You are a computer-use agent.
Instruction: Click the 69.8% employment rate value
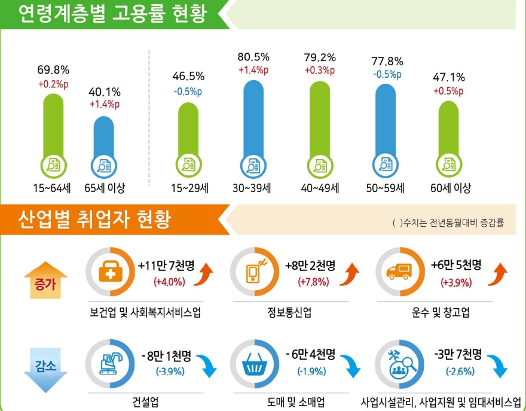click(x=53, y=70)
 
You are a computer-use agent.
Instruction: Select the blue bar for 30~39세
click(x=253, y=120)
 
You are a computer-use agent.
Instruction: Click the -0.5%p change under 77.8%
click(x=387, y=75)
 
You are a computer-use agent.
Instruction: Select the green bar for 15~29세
click(x=188, y=129)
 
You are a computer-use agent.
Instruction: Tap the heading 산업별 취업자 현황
click(x=96, y=220)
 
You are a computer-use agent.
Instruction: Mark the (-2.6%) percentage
click(x=460, y=371)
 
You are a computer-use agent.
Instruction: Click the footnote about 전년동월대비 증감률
click(x=448, y=223)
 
